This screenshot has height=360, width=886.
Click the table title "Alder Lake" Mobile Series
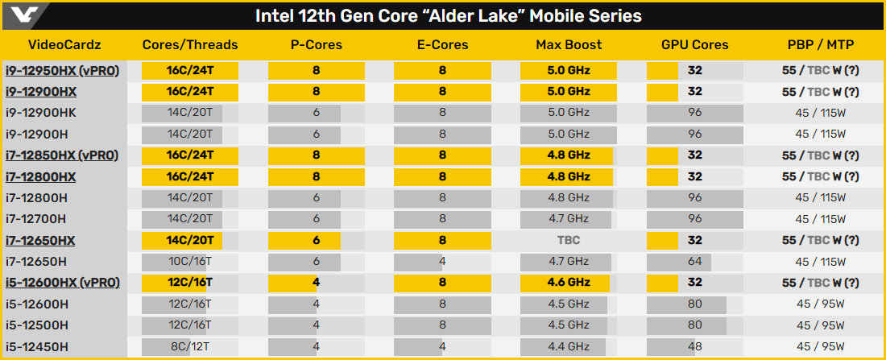[449, 16]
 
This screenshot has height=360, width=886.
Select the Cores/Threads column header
[190, 45]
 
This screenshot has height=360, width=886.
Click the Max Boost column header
[569, 45]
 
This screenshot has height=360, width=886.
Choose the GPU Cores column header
[695, 45]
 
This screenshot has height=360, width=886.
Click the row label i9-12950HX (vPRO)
[62, 70]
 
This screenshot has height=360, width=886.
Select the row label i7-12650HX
[40, 240]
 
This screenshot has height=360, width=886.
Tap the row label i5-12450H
[36, 346]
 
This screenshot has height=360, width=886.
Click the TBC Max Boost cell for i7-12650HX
[569, 240]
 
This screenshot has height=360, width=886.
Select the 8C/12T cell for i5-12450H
[190, 346]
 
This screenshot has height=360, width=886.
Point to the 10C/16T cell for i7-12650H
[190, 261]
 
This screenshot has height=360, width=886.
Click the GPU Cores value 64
[695, 261]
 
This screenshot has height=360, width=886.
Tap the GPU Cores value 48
[695, 346]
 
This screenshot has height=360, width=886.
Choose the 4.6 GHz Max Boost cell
[569, 283]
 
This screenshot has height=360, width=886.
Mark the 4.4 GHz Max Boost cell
[569, 346]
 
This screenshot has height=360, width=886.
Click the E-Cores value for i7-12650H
[442, 261]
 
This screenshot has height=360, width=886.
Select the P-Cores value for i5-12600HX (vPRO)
[317, 283]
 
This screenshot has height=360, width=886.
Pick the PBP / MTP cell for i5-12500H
[820, 325]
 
